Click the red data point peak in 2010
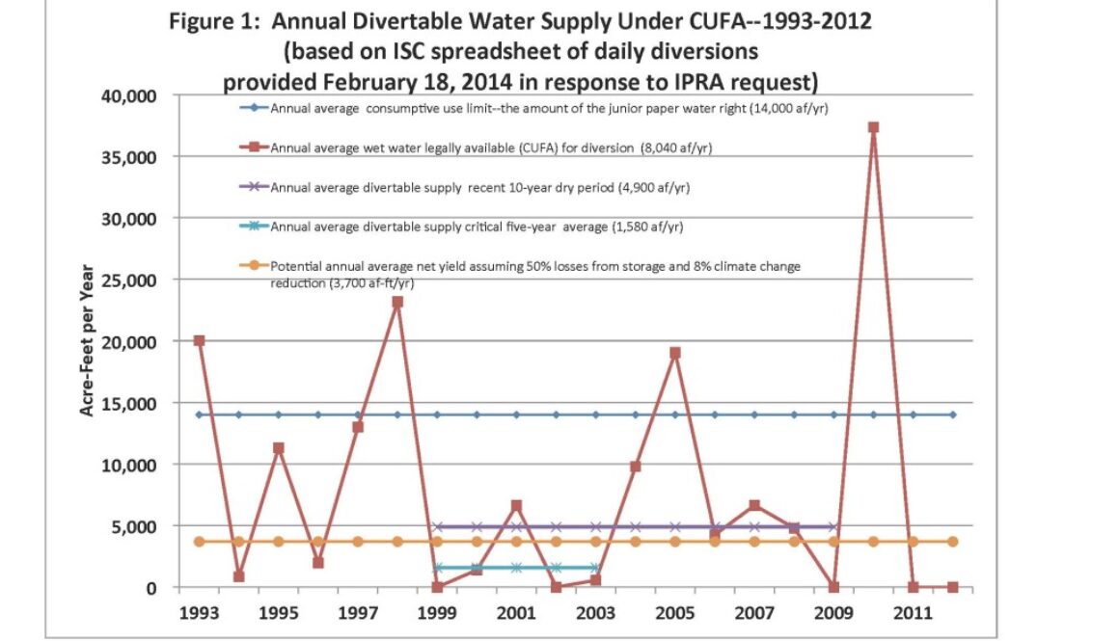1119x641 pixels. click(x=873, y=127)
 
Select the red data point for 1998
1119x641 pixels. click(x=397, y=302)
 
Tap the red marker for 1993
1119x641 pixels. click(x=200, y=340)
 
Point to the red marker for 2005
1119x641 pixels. click(x=675, y=353)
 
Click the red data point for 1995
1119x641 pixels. click(x=279, y=448)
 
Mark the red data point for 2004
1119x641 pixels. click(x=636, y=467)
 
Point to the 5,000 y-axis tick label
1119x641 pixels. click(x=134, y=526)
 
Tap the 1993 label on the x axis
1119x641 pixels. click(x=200, y=612)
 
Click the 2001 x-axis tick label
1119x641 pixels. click(x=516, y=612)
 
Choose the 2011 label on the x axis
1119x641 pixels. click(x=913, y=612)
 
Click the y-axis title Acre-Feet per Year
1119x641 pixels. click(x=87, y=341)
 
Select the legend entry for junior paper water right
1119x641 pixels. click(x=549, y=108)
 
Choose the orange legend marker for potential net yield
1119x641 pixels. click(x=254, y=266)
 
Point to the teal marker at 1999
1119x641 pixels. click(x=437, y=568)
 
